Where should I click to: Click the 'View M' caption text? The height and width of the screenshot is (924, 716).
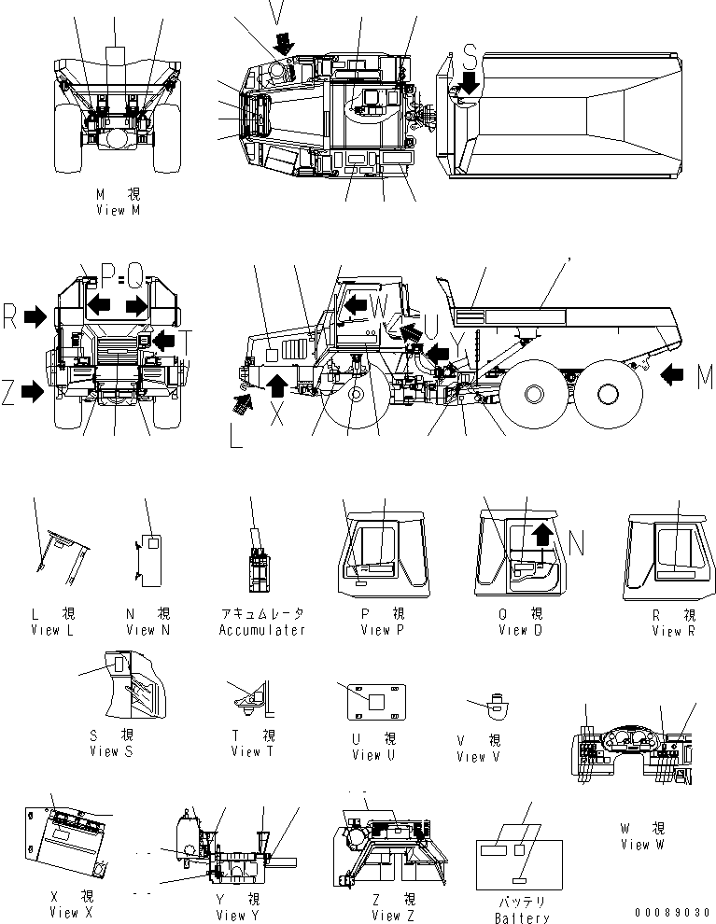coord(118,210)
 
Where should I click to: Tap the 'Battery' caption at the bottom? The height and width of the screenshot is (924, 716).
coord(523,918)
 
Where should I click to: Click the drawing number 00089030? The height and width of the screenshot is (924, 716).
coord(673,912)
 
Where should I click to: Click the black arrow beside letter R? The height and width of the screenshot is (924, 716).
coord(35,317)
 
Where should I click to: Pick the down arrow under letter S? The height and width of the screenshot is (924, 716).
coord(469,84)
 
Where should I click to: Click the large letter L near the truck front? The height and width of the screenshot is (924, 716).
coord(235,435)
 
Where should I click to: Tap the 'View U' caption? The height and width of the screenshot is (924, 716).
coord(367,755)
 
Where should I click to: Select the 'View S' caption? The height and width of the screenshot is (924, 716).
coord(111,751)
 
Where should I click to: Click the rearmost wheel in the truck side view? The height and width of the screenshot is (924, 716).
coord(598,394)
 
